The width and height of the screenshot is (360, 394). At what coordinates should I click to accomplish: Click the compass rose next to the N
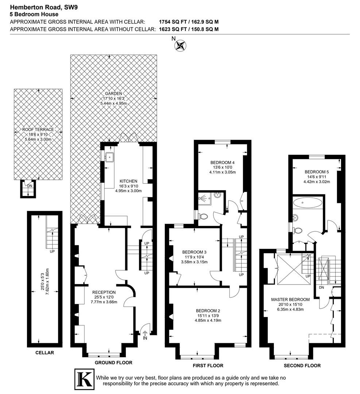181,46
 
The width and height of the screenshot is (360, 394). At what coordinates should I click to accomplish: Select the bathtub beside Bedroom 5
308,202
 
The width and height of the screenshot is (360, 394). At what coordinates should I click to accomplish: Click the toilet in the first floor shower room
203,216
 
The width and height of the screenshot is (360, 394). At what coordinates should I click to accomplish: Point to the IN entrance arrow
145,333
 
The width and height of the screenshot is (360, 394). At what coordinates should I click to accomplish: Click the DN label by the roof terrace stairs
30,186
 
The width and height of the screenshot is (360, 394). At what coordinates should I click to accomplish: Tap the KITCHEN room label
128,181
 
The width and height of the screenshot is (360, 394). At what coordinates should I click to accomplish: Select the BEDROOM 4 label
222,162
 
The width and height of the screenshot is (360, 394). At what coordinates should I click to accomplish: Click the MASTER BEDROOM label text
290,300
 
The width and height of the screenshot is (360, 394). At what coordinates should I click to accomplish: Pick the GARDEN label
113,93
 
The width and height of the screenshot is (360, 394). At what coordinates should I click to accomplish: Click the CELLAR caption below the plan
44,352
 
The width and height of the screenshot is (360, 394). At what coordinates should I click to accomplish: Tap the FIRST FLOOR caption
208,366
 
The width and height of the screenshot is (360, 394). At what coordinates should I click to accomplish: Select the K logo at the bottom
84,379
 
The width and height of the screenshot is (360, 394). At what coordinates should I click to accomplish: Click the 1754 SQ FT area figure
173,22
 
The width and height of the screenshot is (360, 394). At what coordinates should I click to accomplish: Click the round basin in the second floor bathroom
295,217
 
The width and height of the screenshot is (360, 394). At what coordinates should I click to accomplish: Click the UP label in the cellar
52,251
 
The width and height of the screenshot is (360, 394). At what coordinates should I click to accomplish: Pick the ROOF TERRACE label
38,130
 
